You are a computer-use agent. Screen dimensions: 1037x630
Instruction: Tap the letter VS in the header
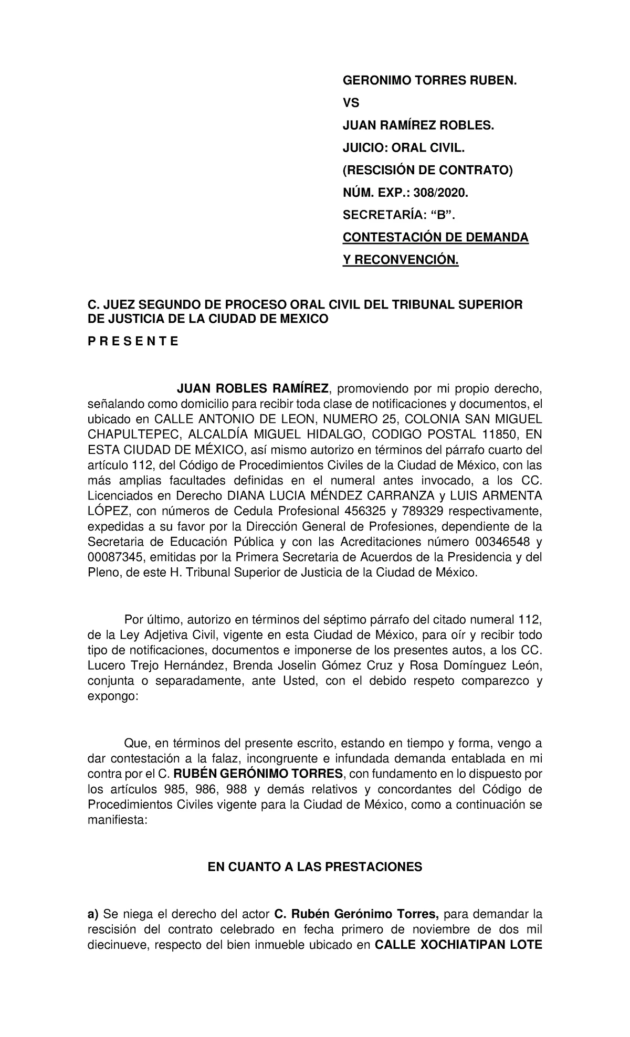pyautogui.click(x=351, y=103)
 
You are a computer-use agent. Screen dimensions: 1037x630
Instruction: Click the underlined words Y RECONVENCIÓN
pyautogui.click(x=401, y=260)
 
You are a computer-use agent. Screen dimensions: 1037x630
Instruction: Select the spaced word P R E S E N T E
pyautogui.click(x=133, y=342)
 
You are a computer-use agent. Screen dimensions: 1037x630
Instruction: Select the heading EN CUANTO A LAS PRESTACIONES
pyautogui.click(x=315, y=867)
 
